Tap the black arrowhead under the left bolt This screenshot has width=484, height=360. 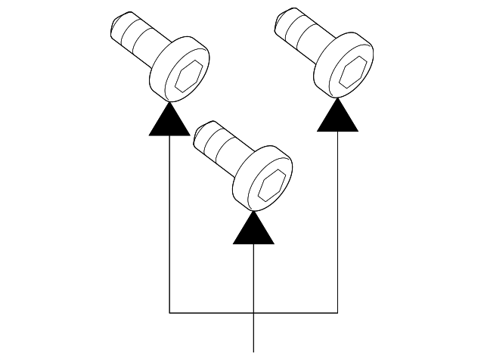pyautogui.click(x=169, y=121)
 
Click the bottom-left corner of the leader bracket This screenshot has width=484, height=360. pyautogui.click(x=169, y=312)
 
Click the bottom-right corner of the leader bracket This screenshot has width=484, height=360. pyautogui.click(x=337, y=312)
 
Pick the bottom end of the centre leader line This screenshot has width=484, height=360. pyautogui.click(x=253, y=350)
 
